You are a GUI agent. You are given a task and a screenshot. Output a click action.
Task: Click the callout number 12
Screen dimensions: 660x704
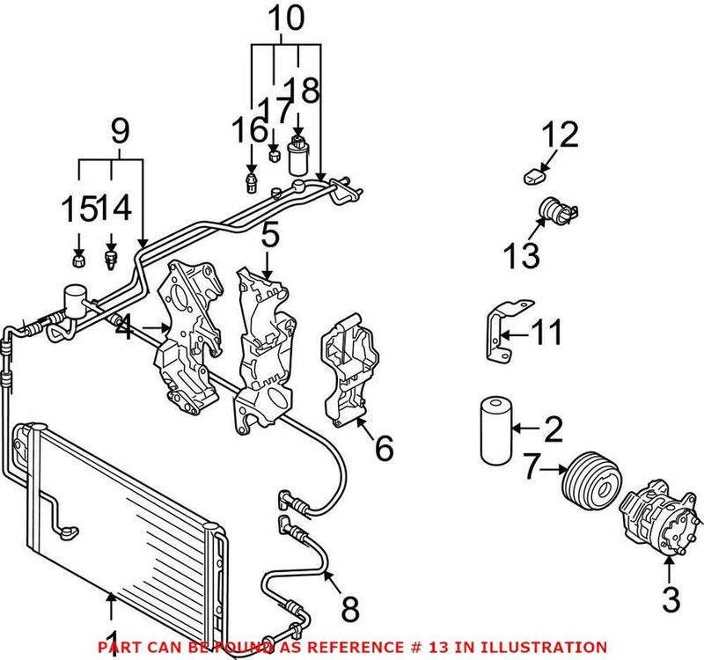click(x=560, y=136)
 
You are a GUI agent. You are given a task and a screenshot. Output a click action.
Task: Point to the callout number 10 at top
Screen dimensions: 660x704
click(x=284, y=18)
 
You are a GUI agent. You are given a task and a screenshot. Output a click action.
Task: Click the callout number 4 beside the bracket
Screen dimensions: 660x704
click(x=123, y=331)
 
